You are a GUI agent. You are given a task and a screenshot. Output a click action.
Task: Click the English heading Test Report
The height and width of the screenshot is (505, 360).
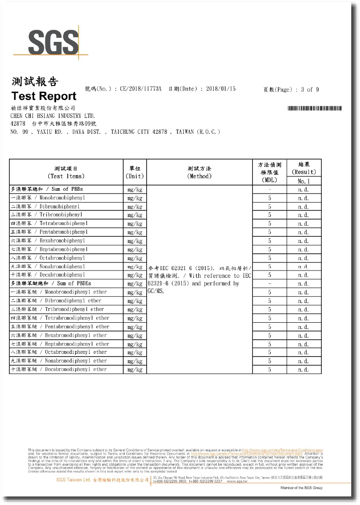44,96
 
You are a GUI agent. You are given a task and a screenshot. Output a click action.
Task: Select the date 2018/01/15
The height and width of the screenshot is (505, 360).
221,89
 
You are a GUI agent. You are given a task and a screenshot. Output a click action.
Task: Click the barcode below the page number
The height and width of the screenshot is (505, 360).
314,108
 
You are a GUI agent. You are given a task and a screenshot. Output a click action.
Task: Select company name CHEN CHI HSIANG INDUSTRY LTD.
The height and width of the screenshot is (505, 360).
53,116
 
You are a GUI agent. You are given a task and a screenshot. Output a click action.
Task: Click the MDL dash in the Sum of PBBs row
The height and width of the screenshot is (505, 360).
269,189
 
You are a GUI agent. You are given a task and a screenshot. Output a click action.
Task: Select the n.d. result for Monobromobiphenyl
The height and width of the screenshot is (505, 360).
304,198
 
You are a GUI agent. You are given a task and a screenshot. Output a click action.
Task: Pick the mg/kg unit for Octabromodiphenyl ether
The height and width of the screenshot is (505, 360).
135,352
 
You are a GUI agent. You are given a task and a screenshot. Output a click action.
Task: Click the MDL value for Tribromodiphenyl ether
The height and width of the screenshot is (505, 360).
269,310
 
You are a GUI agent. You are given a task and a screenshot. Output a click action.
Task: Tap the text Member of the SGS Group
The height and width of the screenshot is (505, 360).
301,488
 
